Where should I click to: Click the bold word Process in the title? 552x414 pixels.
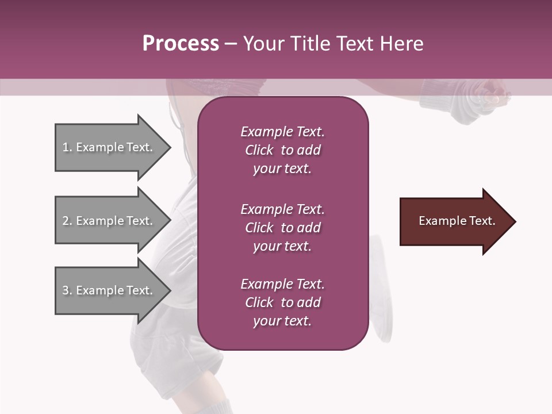click(181, 44)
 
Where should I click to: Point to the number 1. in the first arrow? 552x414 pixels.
click(67, 147)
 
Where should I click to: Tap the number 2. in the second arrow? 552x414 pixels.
click(67, 221)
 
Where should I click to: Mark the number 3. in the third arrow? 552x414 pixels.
click(67, 290)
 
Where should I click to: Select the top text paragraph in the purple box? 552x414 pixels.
click(282, 150)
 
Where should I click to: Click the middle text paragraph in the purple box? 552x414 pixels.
click(282, 228)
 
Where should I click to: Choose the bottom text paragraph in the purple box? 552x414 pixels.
click(282, 302)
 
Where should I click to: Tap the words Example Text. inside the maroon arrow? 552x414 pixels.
click(457, 221)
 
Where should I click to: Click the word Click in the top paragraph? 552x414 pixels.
click(259, 150)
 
